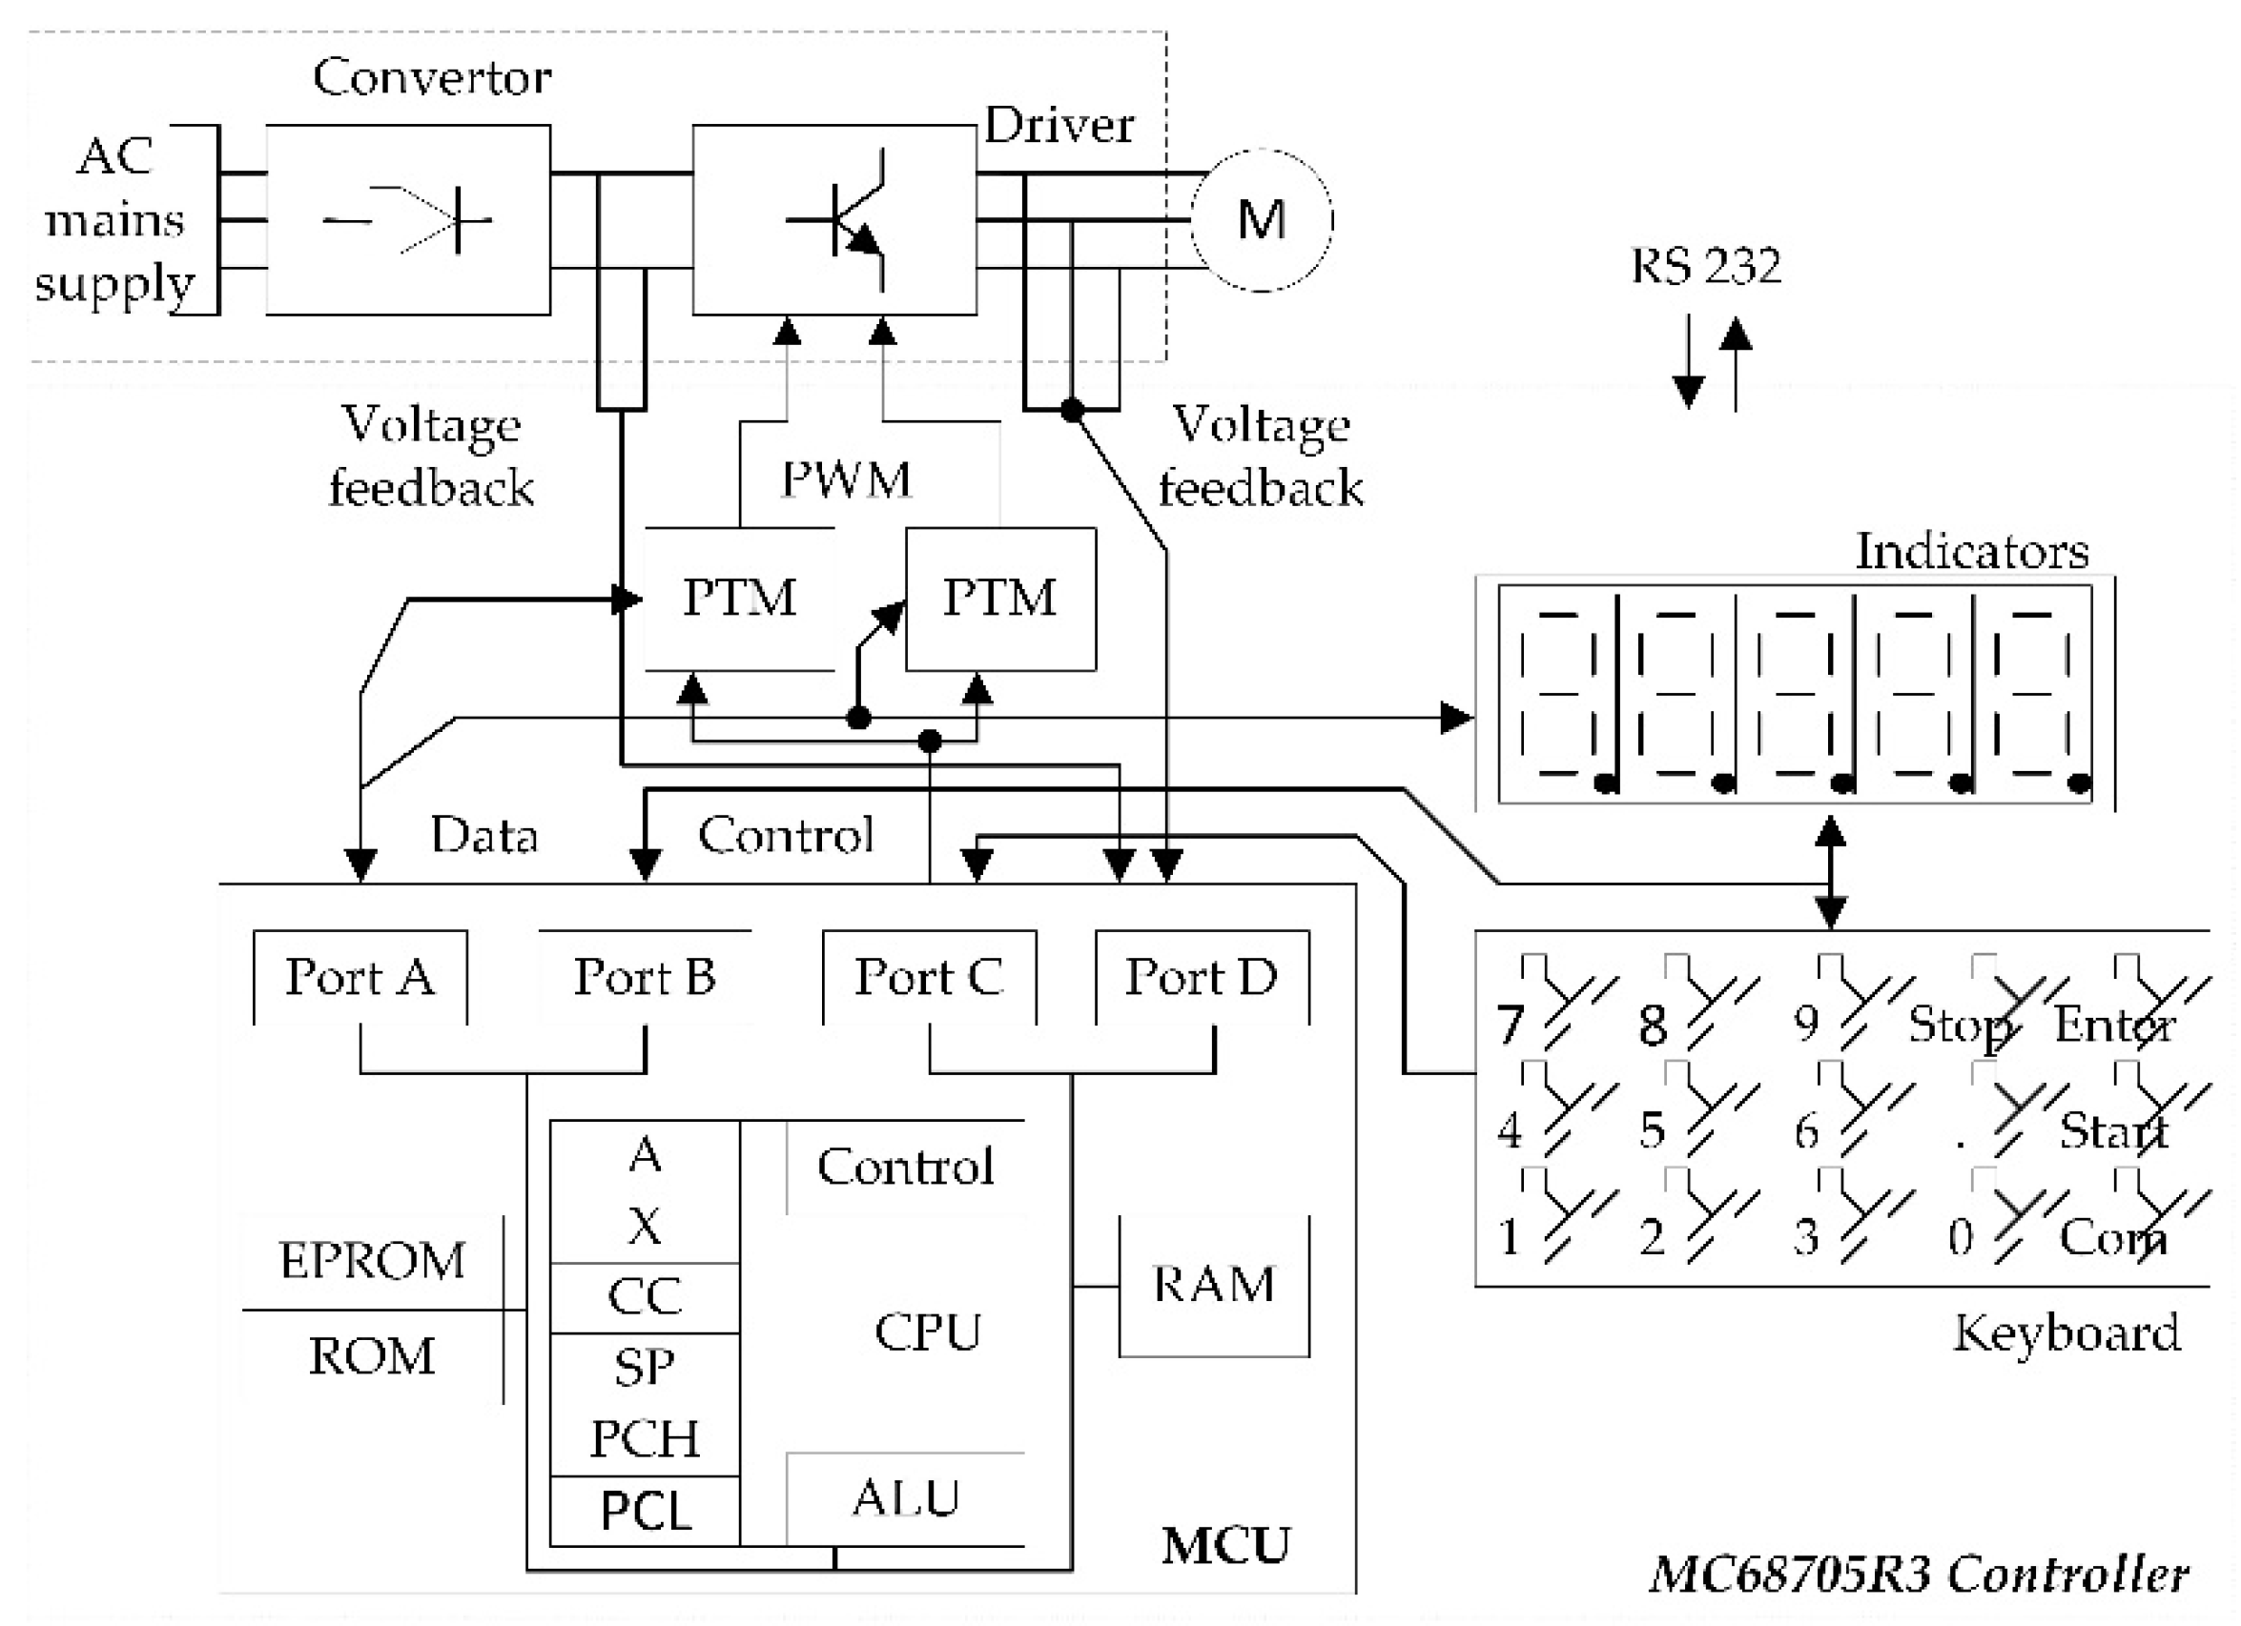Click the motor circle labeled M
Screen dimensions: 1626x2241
click(1261, 219)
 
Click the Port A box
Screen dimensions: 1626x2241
click(360, 977)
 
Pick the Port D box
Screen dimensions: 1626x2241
click(1202, 977)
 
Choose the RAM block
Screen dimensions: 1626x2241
click(1213, 1285)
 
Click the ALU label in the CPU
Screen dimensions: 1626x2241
click(905, 1497)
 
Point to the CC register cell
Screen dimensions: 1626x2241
click(645, 1297)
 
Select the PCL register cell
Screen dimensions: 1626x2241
click(645, 1512)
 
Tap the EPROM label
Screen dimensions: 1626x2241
click(373, 1261)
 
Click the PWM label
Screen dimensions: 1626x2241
click(846, 480)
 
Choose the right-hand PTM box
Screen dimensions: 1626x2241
click(1000, 599)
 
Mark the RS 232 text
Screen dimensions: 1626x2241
click(1705, 266)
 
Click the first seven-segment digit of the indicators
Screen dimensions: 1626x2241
click(1558, 694)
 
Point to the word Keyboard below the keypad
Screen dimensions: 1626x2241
click(2066, 1333)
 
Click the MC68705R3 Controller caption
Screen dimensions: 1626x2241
click(1919, 1574)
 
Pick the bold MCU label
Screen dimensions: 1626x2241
click(1225, 1546)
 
